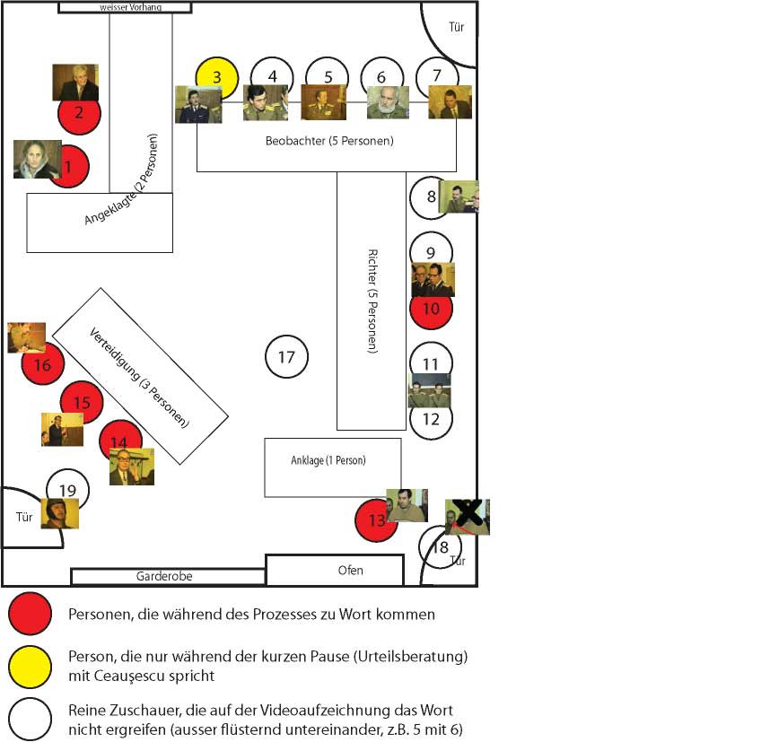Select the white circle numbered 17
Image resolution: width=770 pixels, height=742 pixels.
tap(287, 356)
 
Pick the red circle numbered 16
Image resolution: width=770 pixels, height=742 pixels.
tap(43, 364)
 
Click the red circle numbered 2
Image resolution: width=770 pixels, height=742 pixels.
tap(80, 114)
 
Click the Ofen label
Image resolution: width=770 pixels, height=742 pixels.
tap(351, 570)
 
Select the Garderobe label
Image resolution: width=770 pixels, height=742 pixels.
tap(164, 576)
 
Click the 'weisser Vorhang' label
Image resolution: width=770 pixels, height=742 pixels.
tap(131, 7)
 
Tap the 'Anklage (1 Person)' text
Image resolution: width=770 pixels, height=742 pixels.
tap(328, 460)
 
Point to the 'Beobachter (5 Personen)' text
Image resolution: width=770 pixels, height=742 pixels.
tap(329, 141)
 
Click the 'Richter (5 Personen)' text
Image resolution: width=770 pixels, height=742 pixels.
tap(372, 301)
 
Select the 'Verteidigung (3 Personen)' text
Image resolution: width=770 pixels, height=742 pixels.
tap(139, 377)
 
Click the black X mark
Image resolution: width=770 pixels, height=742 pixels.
tap(468, 511)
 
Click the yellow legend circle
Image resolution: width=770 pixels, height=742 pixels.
tap(30, 667)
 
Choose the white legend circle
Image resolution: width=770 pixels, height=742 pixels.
tap(30, 720)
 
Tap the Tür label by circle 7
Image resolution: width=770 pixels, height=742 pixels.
tap(456, 27)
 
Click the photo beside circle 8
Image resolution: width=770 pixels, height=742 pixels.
tap(459, 196)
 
